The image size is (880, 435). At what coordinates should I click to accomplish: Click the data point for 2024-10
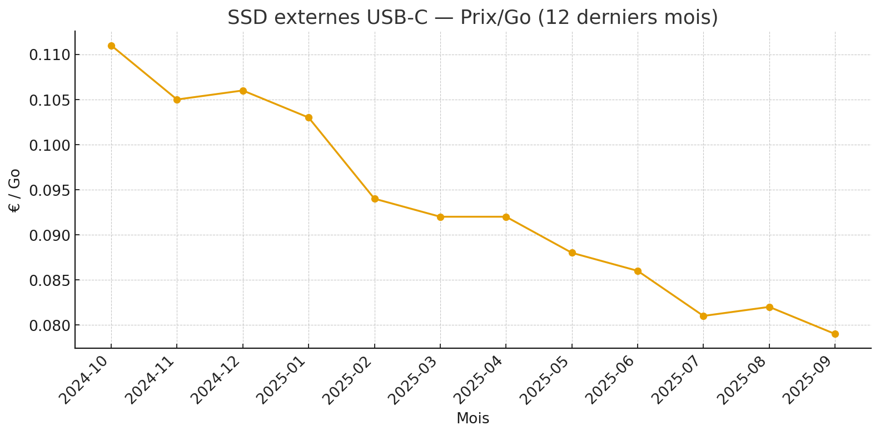click(111, 46)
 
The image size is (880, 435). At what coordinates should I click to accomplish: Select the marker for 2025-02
click(375, 199)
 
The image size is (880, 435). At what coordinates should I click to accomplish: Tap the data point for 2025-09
click(835, 334)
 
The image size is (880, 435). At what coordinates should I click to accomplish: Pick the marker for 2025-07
click(703, 316)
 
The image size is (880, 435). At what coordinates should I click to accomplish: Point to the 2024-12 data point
click(243, 91)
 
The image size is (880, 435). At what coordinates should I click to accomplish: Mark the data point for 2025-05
click(572, 253)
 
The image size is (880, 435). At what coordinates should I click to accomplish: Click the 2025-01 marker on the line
click(309, 117)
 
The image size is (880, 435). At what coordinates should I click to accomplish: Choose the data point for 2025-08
click(769, 307)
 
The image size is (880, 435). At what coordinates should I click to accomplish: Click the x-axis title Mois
click(473, 419)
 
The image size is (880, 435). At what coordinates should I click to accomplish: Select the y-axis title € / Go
click(15, 190)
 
